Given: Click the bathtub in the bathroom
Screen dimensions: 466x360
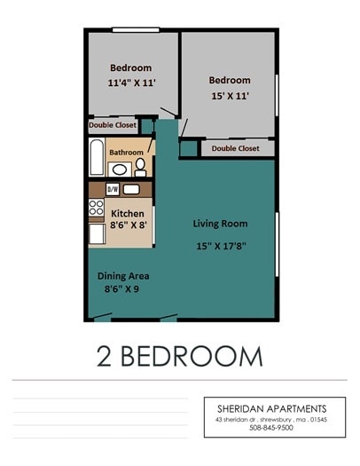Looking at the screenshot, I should point(97,157).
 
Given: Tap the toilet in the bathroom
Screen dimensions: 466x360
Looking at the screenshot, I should point(140,166).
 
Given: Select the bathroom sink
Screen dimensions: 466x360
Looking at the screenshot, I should point(120,170).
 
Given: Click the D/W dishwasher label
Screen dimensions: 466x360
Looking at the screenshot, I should point(113,189).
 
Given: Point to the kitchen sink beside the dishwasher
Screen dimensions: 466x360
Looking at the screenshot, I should point(131,189).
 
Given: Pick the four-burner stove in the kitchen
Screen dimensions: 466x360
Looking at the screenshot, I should point(96,209).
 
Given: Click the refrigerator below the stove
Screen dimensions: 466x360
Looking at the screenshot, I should point(97,233).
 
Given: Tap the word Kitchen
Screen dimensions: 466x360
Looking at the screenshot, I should point(129,213).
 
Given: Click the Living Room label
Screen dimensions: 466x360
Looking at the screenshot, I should point(220,224).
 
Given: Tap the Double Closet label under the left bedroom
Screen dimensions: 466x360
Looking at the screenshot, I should point(112,125).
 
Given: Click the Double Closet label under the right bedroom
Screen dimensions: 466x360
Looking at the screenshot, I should point(235,149).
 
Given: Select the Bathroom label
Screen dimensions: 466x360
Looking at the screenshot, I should point(126,152).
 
